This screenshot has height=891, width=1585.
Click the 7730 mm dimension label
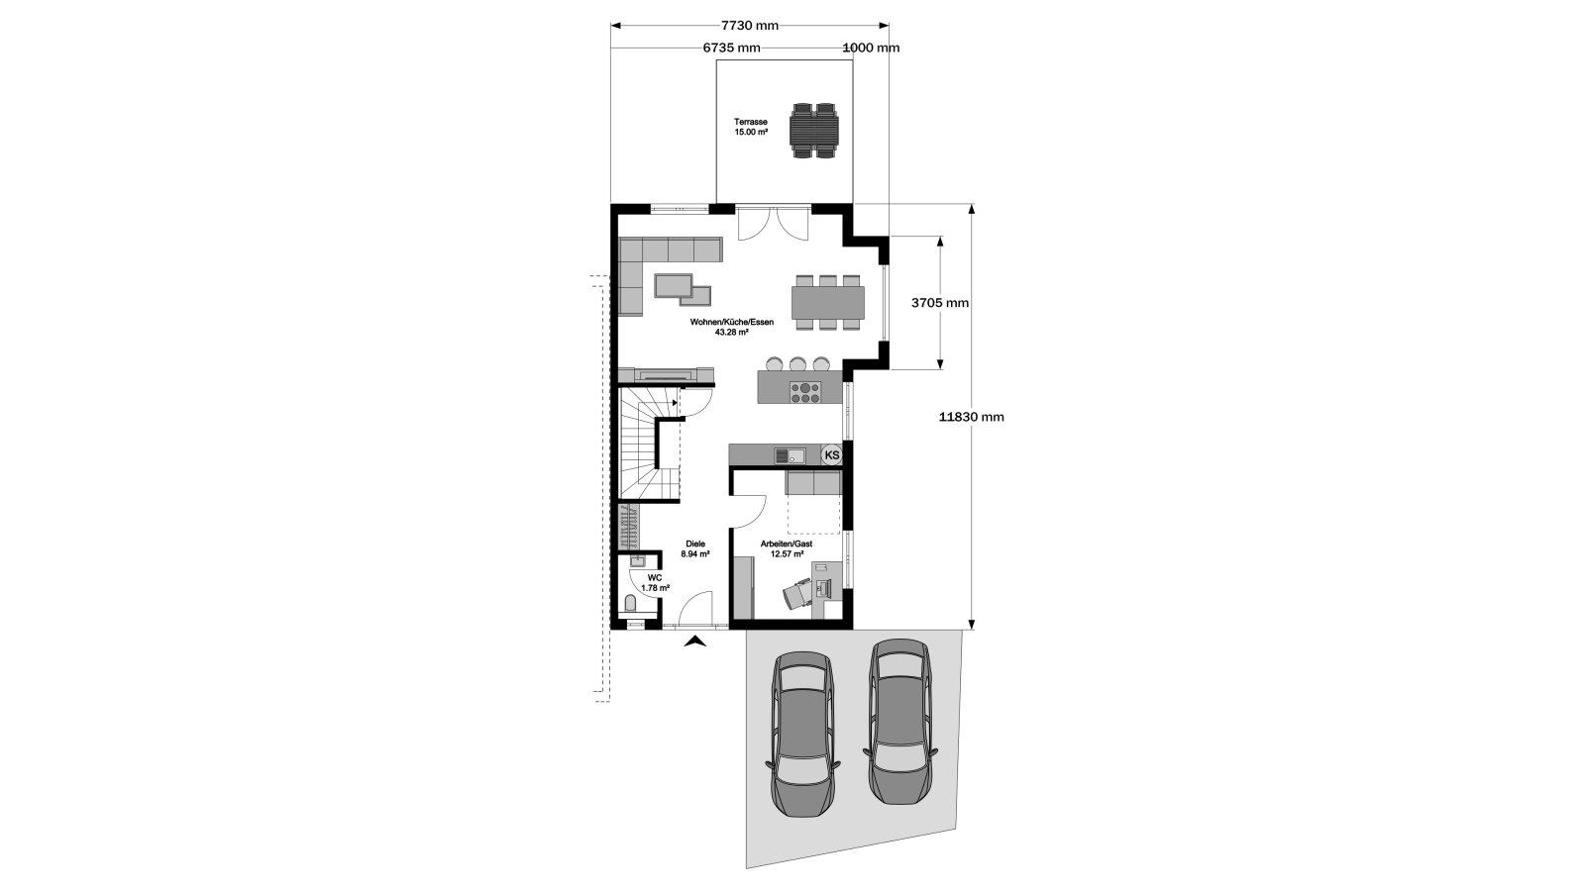tap(749, 26)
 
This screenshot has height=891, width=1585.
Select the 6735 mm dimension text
tap(732, 49)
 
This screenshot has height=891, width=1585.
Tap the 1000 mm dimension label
tap(871, 49)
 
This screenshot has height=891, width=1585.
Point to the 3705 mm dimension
tap(940, 303)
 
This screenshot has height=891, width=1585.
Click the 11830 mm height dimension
tap(972, 417)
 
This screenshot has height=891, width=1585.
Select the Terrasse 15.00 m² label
tap(751, 128)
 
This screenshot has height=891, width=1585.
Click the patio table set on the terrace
tap(814, 130)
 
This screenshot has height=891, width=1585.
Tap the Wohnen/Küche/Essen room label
tap(732, 327)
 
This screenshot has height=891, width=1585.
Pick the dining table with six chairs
tap(828, 302)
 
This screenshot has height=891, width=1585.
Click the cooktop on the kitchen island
tap(806, 392)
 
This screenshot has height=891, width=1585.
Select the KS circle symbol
tap(832, 454)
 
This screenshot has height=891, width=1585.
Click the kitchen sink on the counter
tap(790, 455)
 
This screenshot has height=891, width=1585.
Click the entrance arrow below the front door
tap(696, 642)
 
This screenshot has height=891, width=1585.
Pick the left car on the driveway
tap(803, 735)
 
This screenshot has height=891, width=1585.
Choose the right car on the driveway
tap(900, 722)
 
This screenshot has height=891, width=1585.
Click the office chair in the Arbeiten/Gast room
tap(796, 593)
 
